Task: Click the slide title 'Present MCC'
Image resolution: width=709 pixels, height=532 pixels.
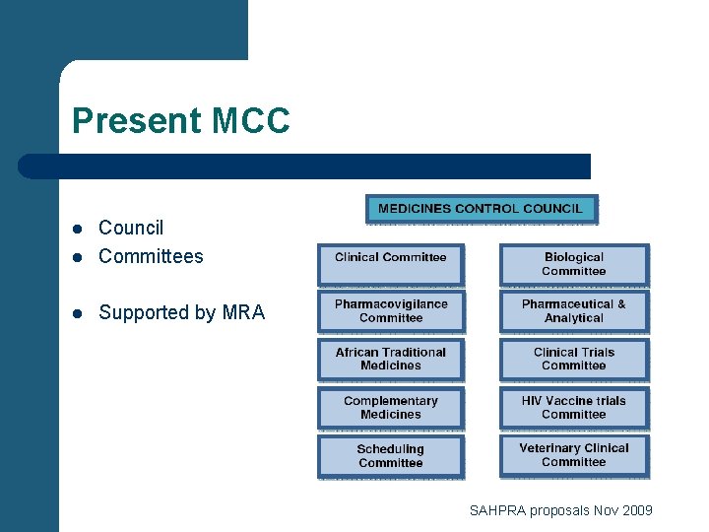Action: pyautogui.click(x=181, y=121)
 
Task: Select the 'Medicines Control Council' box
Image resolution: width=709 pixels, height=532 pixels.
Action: pyautogui.click(x=481, y=209)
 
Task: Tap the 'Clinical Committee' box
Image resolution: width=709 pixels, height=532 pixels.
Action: pyautogui.click(x=390, y=264)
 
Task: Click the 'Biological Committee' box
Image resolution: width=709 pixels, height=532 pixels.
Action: pyautogui.click(x=574, y=264)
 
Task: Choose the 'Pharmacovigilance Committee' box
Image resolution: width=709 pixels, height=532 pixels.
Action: pyautogui.click(x=390, y=311)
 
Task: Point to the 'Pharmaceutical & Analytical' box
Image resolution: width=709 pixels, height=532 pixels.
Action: pyautogui.click(x=574, y=311)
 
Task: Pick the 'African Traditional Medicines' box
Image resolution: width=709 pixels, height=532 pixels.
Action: pyautogui.click(x=390, y=360)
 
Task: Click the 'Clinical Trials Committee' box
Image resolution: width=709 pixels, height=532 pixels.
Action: pyautogui.click(x=574, y=360)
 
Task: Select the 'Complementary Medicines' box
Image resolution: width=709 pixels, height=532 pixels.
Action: pyautogui.click(x=390, y=408)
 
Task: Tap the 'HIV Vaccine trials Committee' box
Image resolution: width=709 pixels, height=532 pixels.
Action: pyautogui.click(x=574, y=408)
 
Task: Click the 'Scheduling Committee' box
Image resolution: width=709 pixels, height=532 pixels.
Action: pyautogui.click(x=390, y=456)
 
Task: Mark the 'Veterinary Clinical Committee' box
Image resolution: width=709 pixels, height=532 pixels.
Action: pyautogui.click(x=574, y=456)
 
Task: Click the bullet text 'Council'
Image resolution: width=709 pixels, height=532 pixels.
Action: pyautogui.click(x=131, y=228)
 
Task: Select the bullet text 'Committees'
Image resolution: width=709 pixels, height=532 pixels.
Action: pyautogui.click(x=151, y=256)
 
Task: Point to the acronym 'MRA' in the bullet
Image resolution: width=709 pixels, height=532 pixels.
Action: pyautogui.click(x=243, y=312)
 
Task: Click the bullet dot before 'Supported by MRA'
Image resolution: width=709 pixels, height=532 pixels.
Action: pyautogui.click(x=78, y=313)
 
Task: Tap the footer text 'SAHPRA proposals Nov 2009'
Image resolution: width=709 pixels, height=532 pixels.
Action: pyautogui.click(x=560, y=510)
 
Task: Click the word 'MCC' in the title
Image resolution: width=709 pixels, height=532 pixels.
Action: pyautogui.click(x=250, y=121)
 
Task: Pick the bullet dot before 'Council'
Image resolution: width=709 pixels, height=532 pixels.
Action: pyautogui.click(x=78, y=229)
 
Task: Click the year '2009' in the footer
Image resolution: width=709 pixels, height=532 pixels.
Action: pyautogui.click(x=636, y=510)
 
